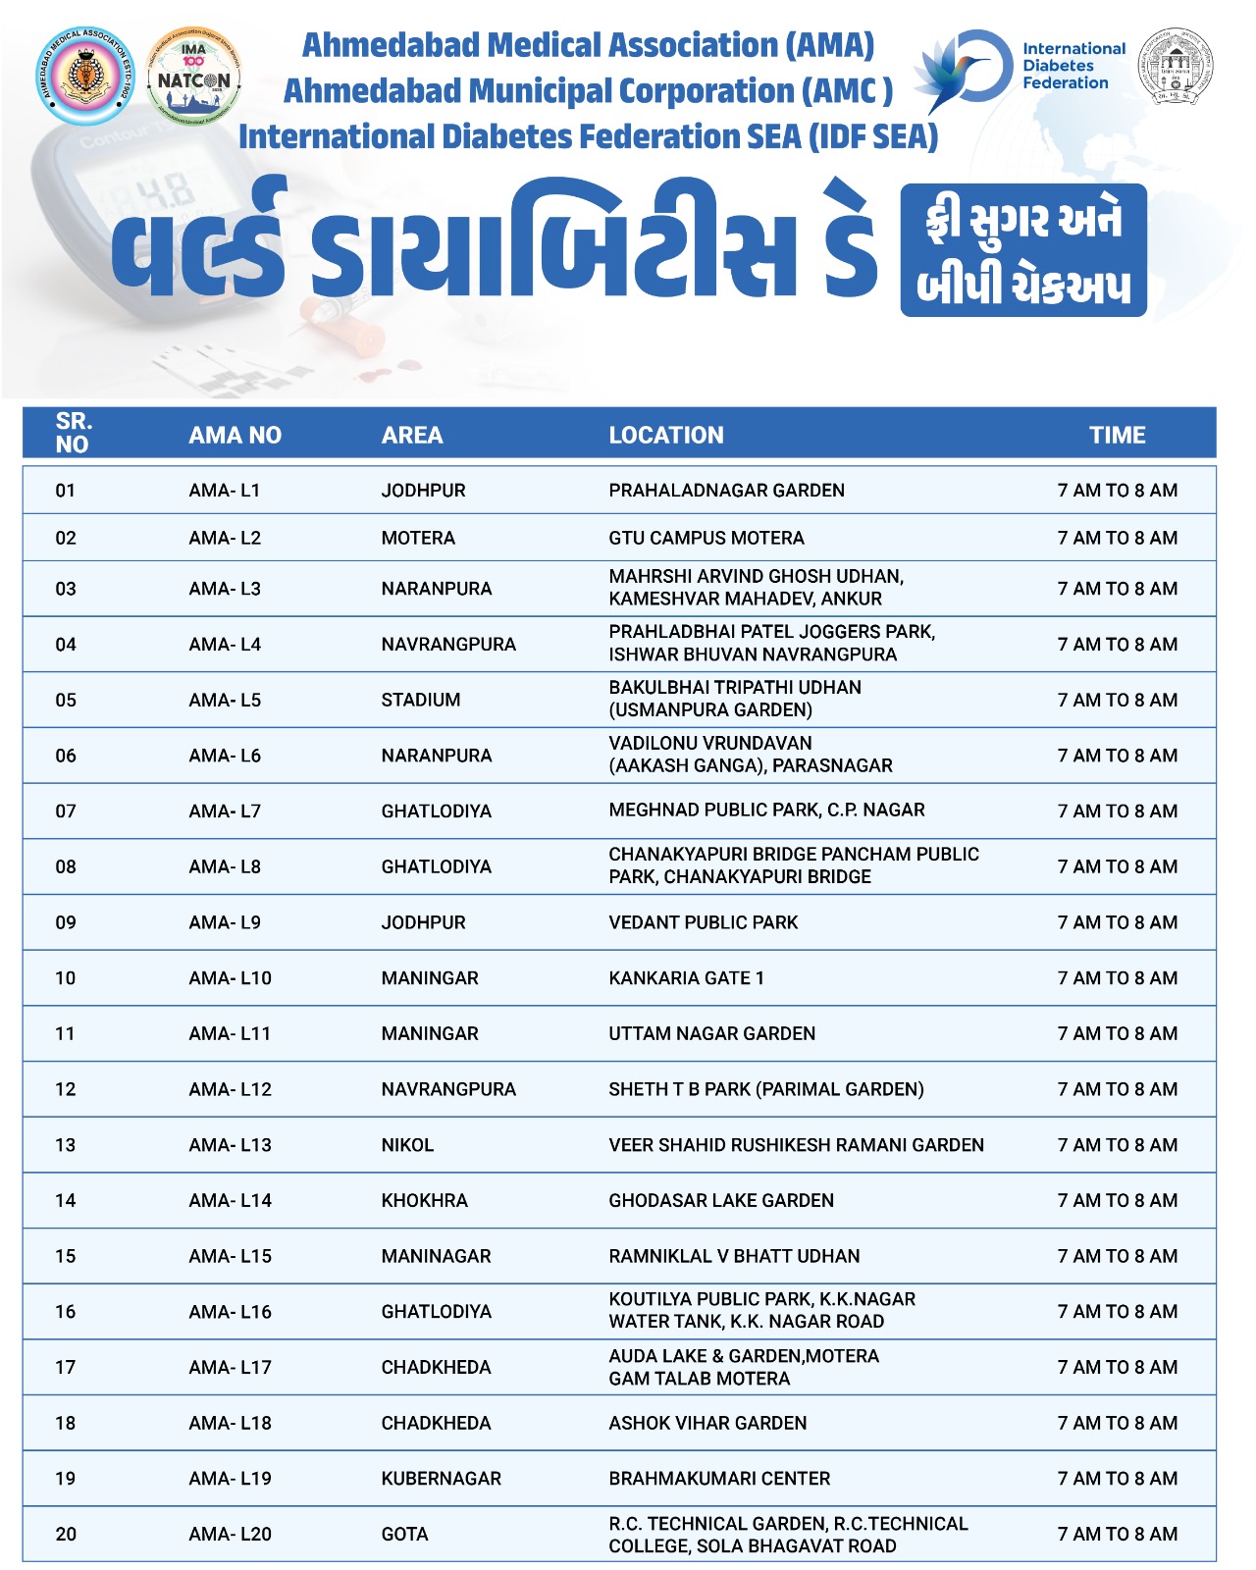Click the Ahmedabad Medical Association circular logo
pyautogui.click(x=83, y=78)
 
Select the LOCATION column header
pyautogui.click(x=666, y=435)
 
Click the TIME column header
pyautogui.click(x=1117, y=435)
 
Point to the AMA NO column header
pyautogui.click(x=235, y=435)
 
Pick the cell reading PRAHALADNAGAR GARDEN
pyautogui.click(x=726, y=490)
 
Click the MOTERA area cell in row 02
pyautogui.click(x=418, y=538)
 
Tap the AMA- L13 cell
pyautogui.click(x=230, y=1145)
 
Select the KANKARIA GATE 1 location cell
pyautogui.click(x=686, y=978)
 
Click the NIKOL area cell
pyautogui.click(x=407, y=1145)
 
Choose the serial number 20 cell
pyautogui.click(x=66, y=1534)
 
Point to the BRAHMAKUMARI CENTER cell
pyautogui.click(x=719, y=1479)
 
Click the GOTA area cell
pyautogui.click(x=404, y=1534)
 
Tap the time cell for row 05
pyautogui.click(x=1117, y=700)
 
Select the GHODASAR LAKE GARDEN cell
pyautogui.click(x=721, y=1200)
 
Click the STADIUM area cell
pyautogui.click(x=420, y=700)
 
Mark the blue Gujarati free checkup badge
pyautogui.click(x=1023, y=250)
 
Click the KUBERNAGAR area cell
pyautogui.click(x=441, y=1479)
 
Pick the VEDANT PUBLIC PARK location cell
pyautogui.click(x=703, y=922)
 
